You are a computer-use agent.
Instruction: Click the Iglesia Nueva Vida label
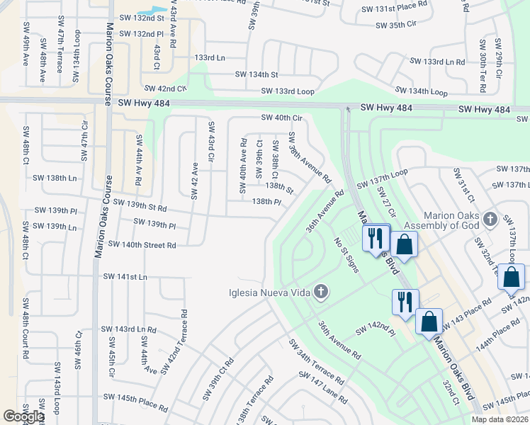[x=270, y=293]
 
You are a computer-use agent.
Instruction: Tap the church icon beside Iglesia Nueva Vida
[x=321, y=292]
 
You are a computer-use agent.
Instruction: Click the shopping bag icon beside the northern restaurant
[x=403, y=244]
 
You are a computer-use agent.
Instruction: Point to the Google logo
[x=23, y=416]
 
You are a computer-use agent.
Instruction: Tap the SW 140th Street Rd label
[x=141, y=245]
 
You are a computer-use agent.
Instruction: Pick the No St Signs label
[x=348, y=255]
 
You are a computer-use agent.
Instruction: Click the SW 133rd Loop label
[x=287, y=91]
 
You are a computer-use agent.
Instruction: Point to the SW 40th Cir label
[x=281, y=118]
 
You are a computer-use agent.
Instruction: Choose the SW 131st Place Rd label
[x=395, y=9]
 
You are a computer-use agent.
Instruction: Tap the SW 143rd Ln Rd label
[x=128, y=329]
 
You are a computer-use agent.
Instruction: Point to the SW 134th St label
[x=256, y=74]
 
